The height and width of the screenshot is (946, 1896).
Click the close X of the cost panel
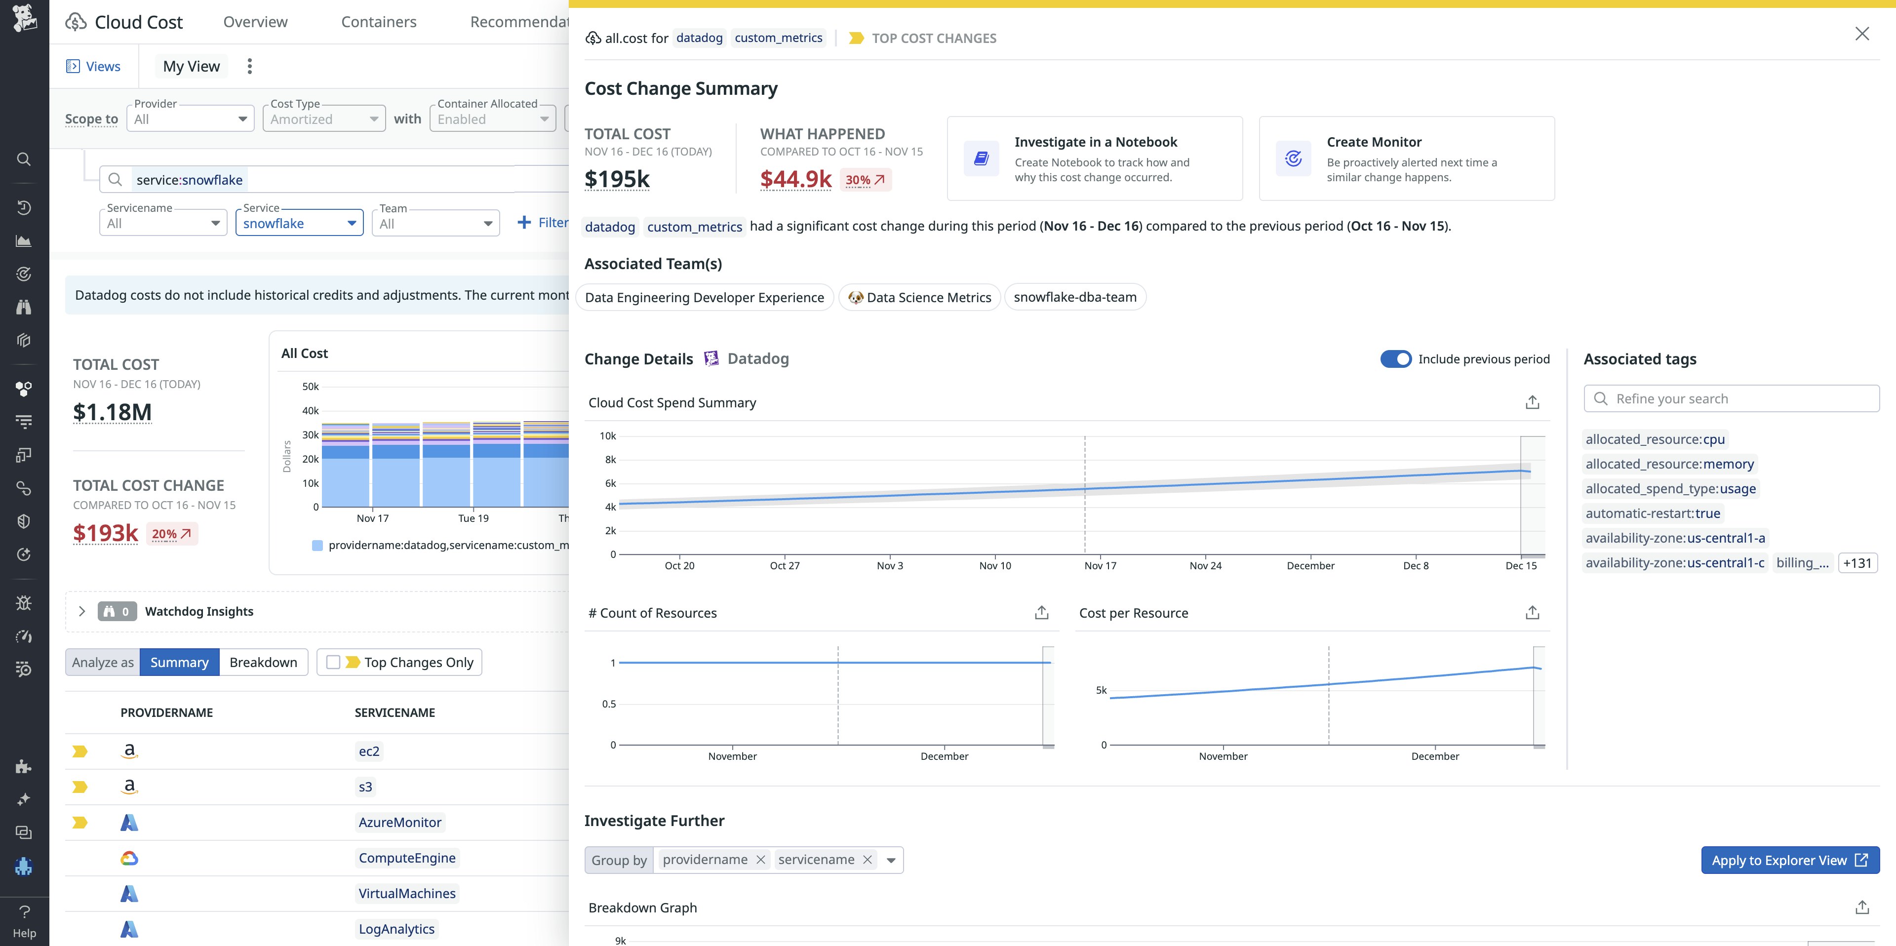click(x=1861, y=34)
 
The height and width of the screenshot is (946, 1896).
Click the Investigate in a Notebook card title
click(x=1095, y=142)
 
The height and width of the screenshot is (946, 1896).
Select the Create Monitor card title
click(x=1374, y=142)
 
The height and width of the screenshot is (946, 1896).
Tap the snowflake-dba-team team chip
click(x=1074, y=297)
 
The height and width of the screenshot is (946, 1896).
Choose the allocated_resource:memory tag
click(x=1669, y=464)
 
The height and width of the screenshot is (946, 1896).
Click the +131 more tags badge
click(x=1857, y=563)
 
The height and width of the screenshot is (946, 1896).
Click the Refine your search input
click(x=1737, y=399)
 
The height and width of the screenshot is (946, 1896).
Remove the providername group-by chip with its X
click(x=761, y=860)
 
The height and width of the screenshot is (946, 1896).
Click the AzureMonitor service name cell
click(x=399, y=823)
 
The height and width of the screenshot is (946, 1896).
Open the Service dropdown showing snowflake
click(x=299, y=223)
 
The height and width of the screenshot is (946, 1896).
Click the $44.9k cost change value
click(x=795, y=179)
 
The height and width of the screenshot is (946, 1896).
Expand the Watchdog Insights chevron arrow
click(x=81, y=612)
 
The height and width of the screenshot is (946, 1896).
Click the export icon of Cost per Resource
click(x=1532, y=613)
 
